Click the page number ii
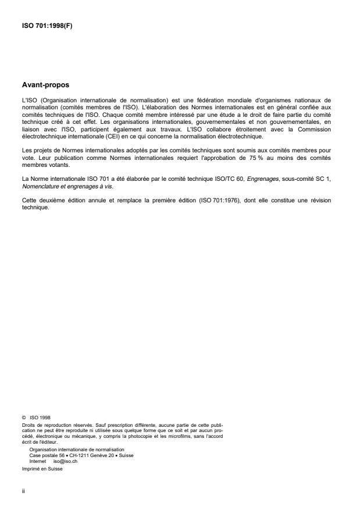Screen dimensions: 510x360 23,490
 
